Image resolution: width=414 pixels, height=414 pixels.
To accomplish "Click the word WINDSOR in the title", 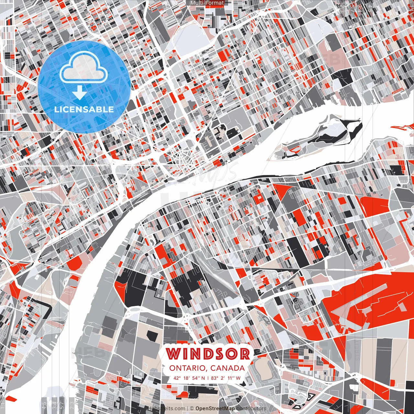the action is click(208, 354).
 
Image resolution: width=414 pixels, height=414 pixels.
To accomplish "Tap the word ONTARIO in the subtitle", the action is click(188, 368).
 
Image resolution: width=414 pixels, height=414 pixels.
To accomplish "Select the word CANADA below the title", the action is click(227, 368).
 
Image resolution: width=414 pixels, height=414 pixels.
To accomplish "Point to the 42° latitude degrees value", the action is click(177, 378).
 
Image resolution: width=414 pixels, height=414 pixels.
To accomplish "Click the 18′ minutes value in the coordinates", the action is click(187, 378).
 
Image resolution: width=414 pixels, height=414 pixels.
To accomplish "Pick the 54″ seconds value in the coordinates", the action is click(197, 378).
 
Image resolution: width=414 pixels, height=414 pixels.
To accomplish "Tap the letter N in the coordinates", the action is click(203, 378).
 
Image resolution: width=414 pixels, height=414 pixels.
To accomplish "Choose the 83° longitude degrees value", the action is click(214, 378).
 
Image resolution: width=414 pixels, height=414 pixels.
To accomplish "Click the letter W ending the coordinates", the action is click(238, 378).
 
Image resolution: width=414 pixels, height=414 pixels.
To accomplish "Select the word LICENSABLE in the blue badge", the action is click(84, 109).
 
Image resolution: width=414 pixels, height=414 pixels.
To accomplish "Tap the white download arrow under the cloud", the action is click(79, 93).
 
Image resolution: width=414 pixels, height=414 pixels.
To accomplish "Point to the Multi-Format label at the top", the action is click(207, 3).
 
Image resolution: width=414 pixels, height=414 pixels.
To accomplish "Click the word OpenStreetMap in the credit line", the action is click(215, 409).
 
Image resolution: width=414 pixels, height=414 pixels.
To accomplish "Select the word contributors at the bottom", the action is click(251, 409).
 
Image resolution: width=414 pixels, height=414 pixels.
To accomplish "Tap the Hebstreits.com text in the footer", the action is click(167, 409).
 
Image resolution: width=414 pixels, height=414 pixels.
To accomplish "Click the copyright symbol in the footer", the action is click(192, 409).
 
